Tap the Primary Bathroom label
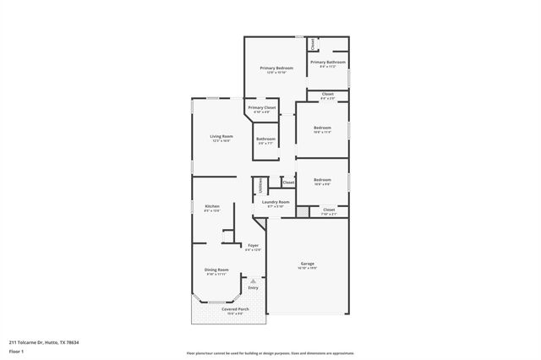pyautogui.click(x=328, y=62)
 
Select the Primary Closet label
pyautogui.click(x=264, y=107)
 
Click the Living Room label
pyautogui.click(x=221, y=136)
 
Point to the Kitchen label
pyautogui.click(x=212, y=207)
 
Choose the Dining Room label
pyautogui.click(x=216, y=270)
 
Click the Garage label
pyautogui.click(x=307, y=264)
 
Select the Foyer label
pyautogui.click(x=253, y=245)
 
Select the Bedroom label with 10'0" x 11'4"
pyautogui.click(x=322, y=128)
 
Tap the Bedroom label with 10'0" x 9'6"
pyautogui.click(x=322, y=179)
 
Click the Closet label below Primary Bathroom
pyautogui.click(x=328, y=94)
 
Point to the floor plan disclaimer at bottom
pyautogui.click(x=270, y=353)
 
